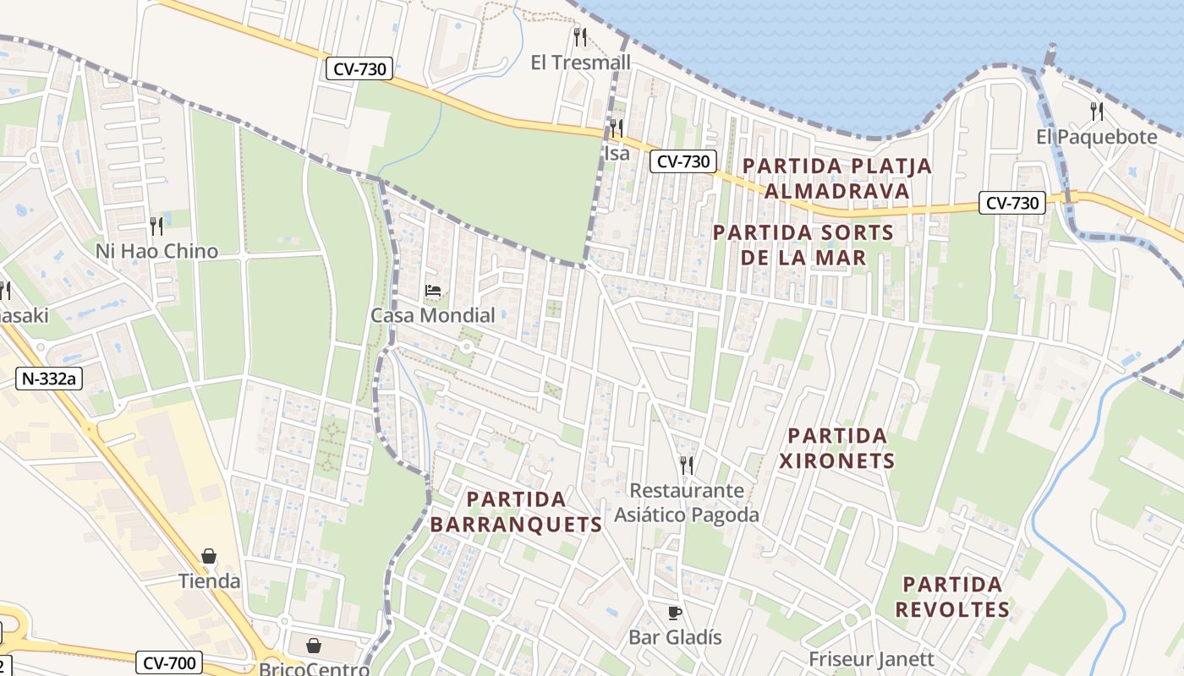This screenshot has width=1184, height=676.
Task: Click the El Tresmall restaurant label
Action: (580, 63)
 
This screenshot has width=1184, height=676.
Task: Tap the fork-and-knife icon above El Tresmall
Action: (579, 36)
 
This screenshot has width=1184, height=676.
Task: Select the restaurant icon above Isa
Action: (617, 128)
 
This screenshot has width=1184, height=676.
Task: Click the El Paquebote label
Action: (1096, 137)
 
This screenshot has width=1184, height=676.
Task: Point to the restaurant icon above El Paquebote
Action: (1096, 111)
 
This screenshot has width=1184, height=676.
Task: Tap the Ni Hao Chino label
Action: (156, 251)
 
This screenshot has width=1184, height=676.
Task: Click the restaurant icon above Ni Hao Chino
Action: (156, 226)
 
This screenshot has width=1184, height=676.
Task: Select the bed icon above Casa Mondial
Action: (433, 291)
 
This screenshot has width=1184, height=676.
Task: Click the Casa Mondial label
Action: (433, 316)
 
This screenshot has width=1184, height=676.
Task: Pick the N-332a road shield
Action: (48, 379)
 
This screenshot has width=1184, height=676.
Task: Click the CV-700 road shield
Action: (169, 662)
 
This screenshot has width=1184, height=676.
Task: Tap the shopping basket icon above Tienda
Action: (209, 556)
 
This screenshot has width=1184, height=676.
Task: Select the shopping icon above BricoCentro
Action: (314, 646)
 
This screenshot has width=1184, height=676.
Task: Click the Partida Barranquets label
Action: (516, 512)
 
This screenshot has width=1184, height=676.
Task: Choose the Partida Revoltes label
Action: (952, 597)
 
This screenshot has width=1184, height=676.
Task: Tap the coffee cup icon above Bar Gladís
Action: (674, 612)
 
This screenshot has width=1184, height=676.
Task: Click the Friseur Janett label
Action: (871, 659)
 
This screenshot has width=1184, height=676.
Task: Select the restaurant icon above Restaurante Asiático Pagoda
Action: (686, 465)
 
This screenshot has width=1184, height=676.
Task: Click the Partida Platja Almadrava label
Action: (836, 178)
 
